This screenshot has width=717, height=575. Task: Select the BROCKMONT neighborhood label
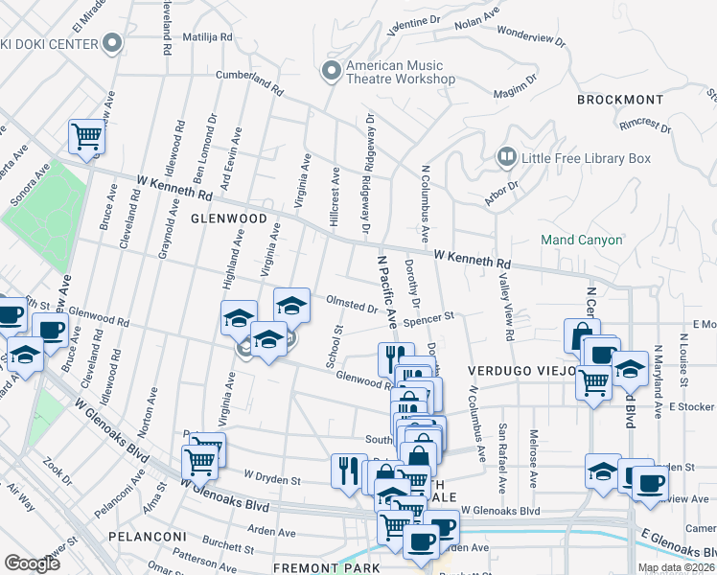[619, 100]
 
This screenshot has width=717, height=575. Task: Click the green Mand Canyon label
[581, 240]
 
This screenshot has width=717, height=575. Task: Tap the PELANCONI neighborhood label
[145, 536]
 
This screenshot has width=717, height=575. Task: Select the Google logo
[32, 563]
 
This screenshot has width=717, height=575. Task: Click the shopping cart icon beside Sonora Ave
[87, 137]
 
